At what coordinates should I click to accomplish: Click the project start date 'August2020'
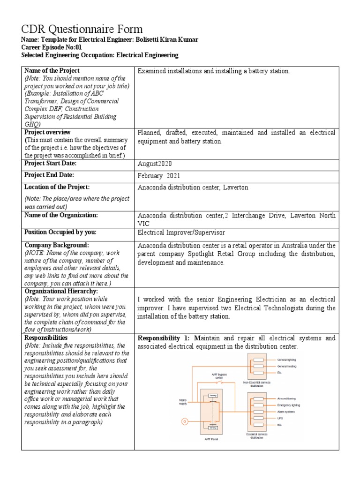[x=156, y=164]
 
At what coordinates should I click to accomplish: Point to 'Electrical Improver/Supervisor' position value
[x=181, y=232]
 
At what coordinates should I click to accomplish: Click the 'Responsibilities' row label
[x=46, y=337]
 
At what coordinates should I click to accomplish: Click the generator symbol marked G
[x=185, y=422]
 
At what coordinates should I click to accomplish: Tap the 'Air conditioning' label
[x=288, y=398]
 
